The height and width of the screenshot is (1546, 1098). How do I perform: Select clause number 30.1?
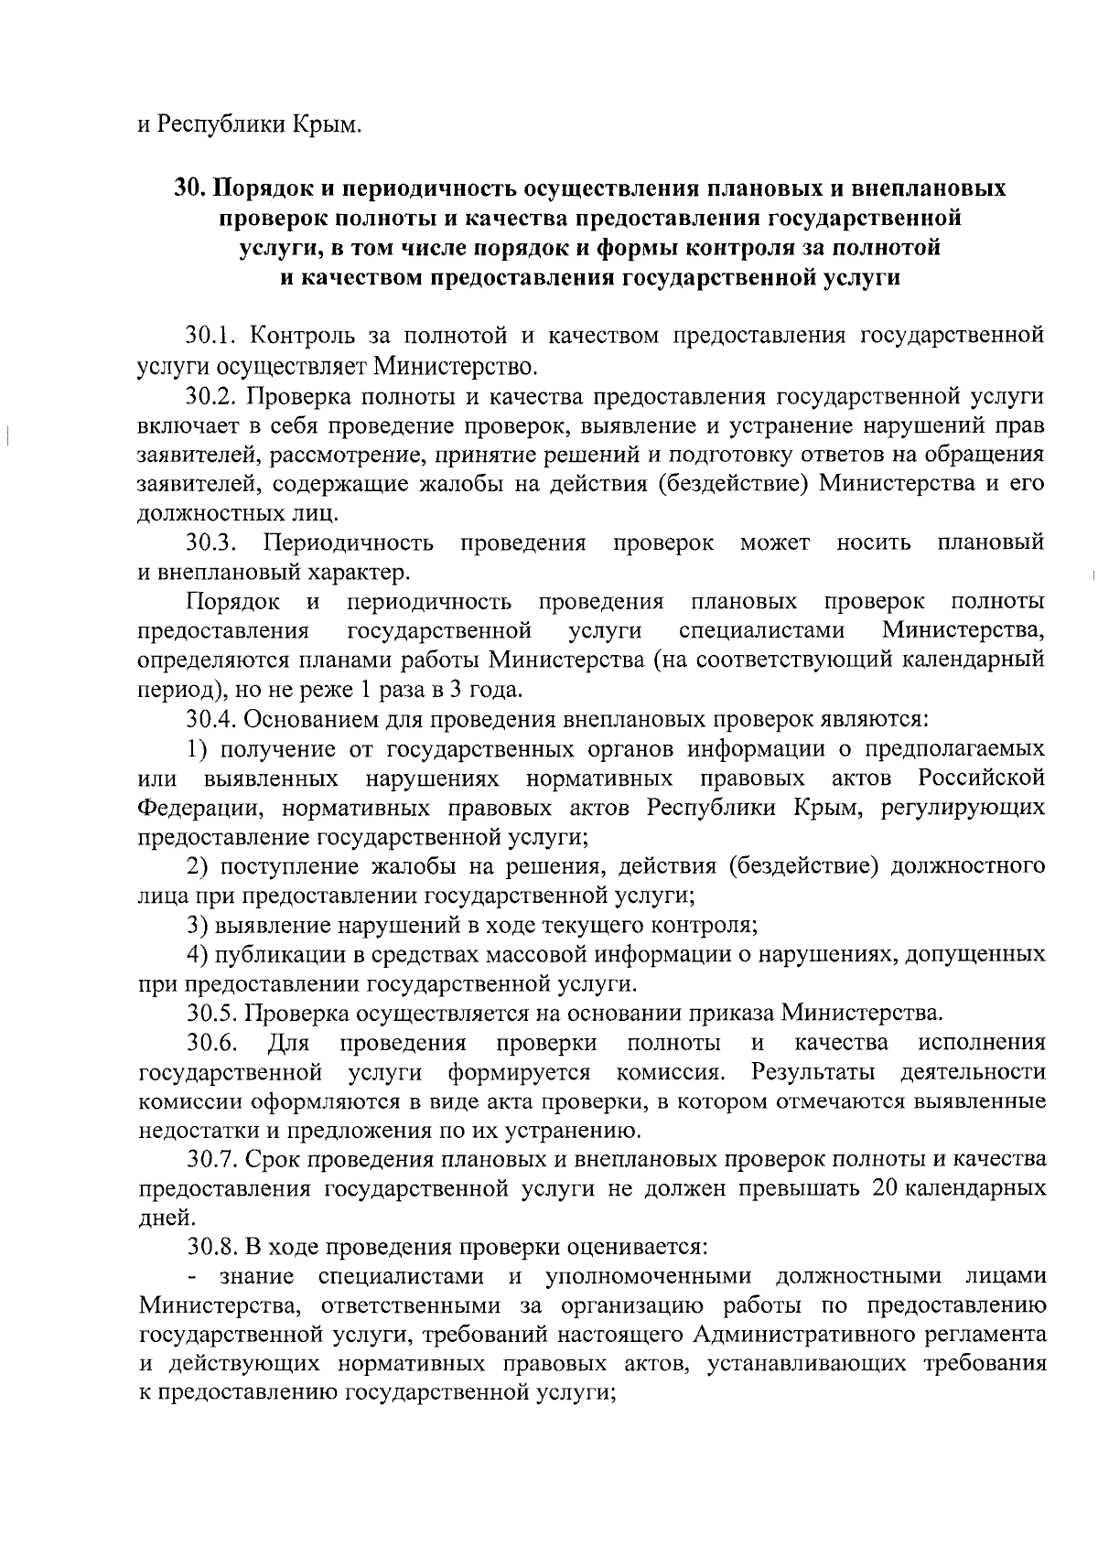210,337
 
